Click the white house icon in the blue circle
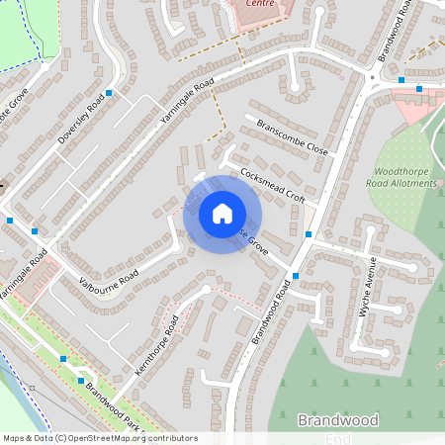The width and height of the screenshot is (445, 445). (222, 213)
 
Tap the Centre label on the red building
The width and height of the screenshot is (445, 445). (259, 4)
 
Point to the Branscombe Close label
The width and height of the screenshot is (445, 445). (291, 137)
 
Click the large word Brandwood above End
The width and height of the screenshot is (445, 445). (337, 420)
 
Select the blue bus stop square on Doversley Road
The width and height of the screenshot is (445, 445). (109, 93)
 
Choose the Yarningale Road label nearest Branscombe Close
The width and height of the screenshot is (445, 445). (187, 108)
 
